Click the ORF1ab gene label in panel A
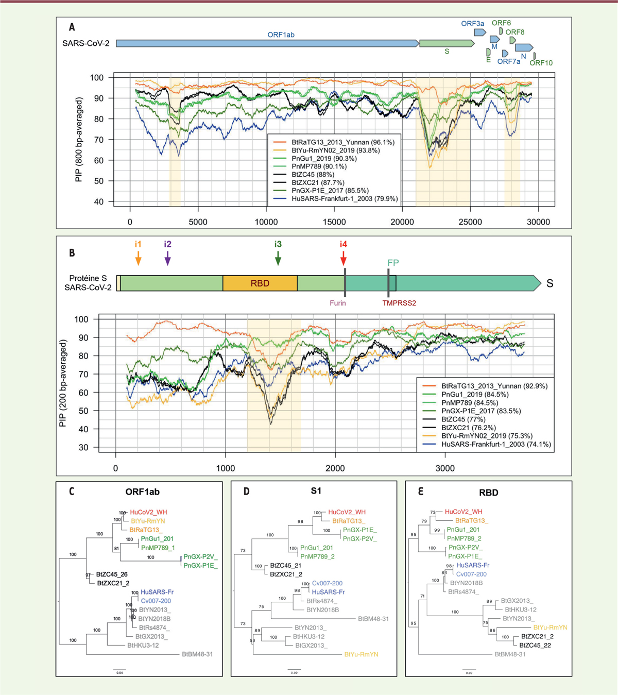[281, 35]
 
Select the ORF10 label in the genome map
[541, 63]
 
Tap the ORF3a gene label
[472, 24]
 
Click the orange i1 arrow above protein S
[138, 254]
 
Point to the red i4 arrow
[344, 254]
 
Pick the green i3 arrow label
[278, 245]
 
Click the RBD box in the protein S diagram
[260, 283]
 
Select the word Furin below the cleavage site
[338, 303]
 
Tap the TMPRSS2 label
[399, 303]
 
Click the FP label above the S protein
[393, 263]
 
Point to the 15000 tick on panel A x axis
[334, 222]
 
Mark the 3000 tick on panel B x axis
[445, 468]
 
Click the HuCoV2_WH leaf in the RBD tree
[463, 512]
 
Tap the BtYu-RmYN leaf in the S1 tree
[361, 654]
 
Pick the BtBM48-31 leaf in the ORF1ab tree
[197, 654]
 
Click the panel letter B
[72, 252]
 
